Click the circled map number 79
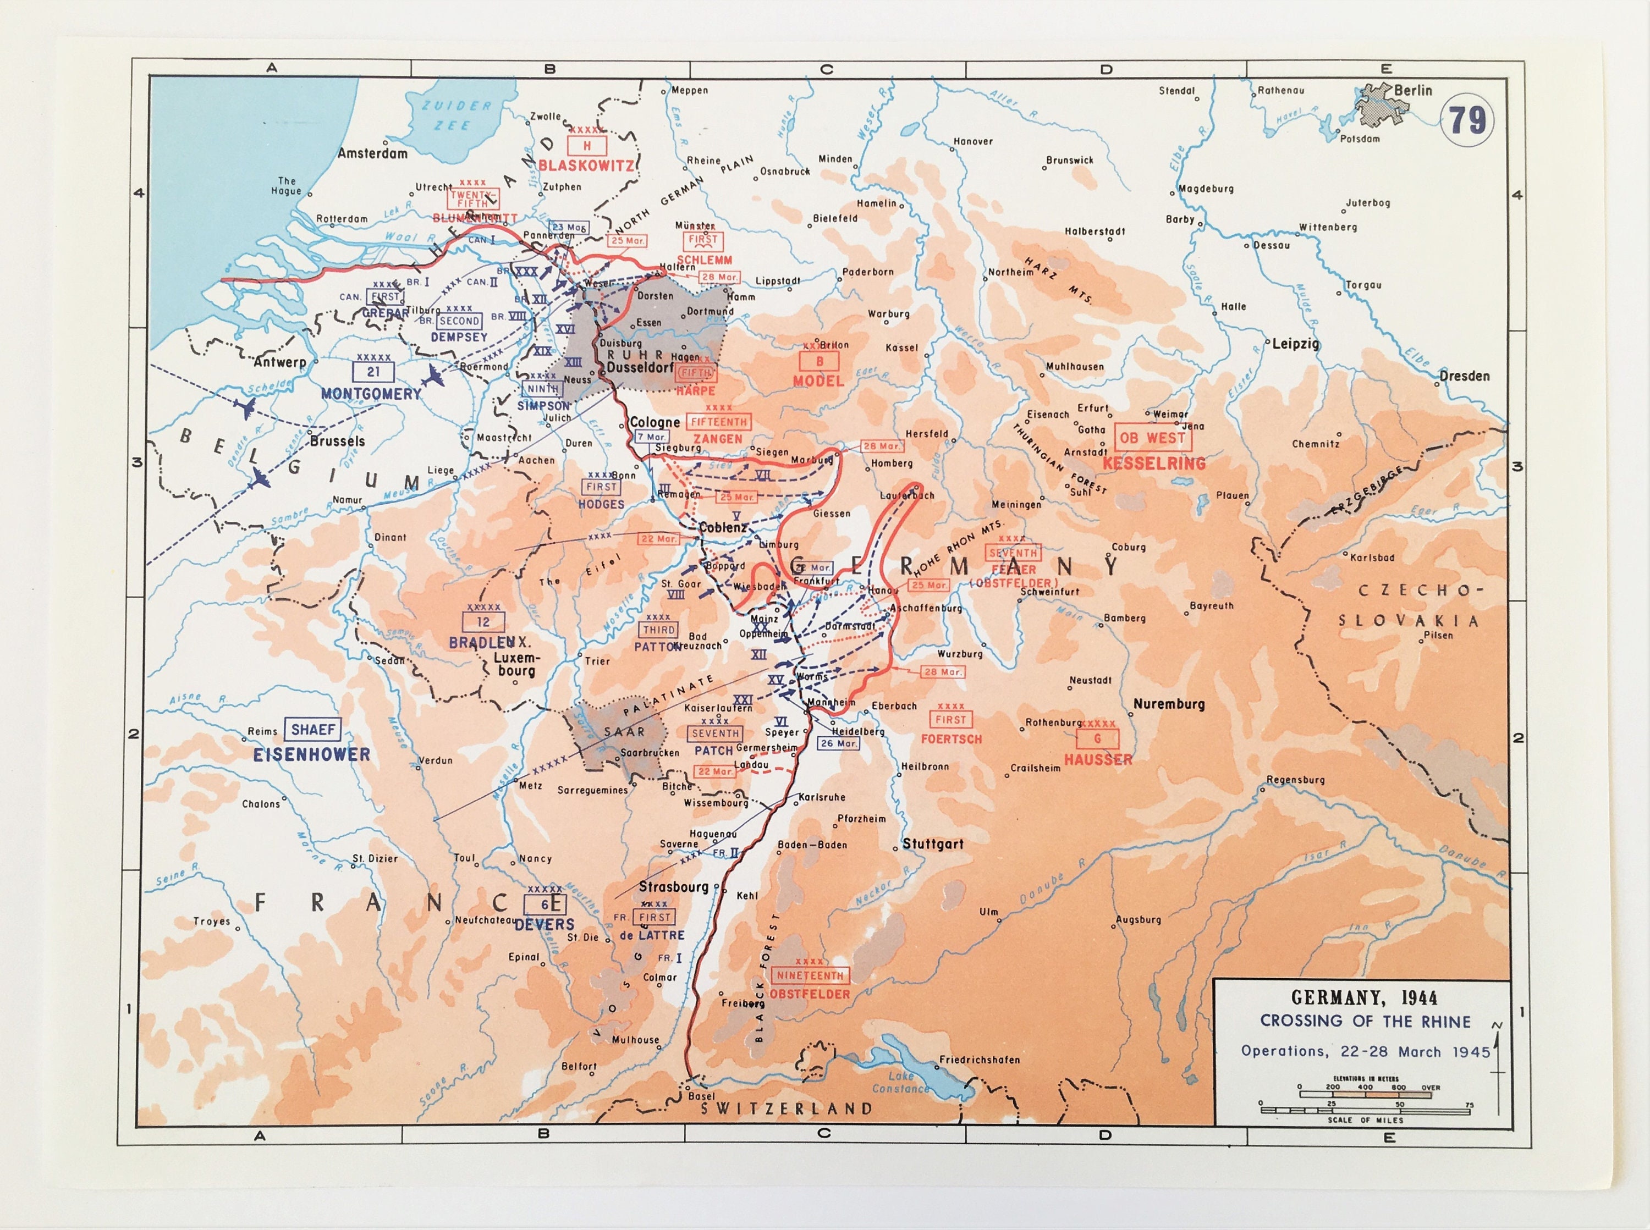[x=1467, y=120]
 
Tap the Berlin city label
[x=1412, y=90]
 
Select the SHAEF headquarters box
[x=313, y=730]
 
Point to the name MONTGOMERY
[x=371, y=393]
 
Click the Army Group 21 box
[x=373, y=372]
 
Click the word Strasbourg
[x=673, y=887]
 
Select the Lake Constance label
[x=900, y=1082]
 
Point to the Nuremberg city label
[x=1168, y=704]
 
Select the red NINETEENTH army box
[x=810, y=975]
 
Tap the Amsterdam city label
[x=372, y=153]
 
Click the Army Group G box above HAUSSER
[x=1097, y=738]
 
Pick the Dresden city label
[x=1464, y=376]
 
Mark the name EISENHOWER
[x=311, y=754]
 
